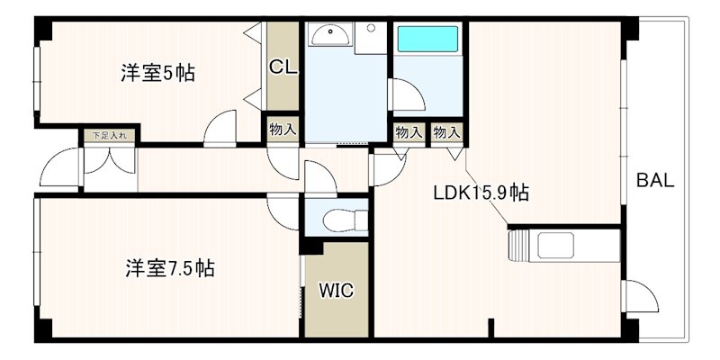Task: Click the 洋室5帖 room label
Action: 158,74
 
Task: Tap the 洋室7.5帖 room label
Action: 170,268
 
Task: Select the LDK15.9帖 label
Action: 481,193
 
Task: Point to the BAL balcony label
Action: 655,180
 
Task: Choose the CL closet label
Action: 282,66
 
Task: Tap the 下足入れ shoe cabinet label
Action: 110,136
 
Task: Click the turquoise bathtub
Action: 428,39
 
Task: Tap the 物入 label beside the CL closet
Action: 283,130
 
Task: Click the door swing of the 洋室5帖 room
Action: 220,128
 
